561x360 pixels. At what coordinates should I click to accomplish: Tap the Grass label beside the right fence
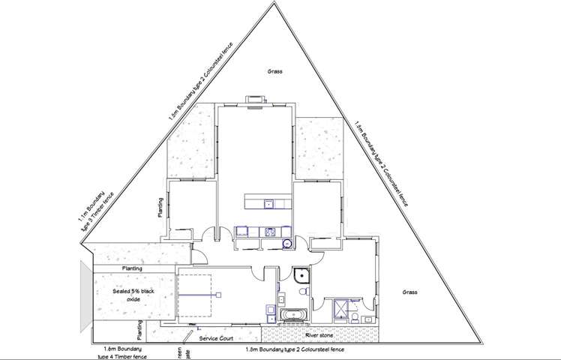click(409, 291)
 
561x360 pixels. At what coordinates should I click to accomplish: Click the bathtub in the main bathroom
click(291, 315)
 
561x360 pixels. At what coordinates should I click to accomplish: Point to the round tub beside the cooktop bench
click(286, 242)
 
